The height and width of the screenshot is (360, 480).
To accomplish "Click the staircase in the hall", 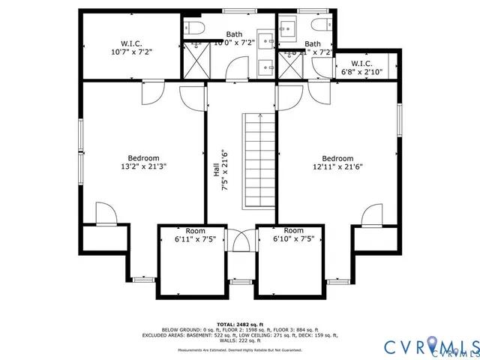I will click(259, 161).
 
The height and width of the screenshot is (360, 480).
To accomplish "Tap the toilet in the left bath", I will click(194, 30).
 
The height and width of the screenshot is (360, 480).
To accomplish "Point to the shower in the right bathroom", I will click(288, 64).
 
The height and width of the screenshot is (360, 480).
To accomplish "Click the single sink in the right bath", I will click(288, 30).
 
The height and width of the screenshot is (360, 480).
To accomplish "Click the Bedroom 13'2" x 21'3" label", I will click(142, 163).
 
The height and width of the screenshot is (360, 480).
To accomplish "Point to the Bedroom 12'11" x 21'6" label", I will click(337, 163).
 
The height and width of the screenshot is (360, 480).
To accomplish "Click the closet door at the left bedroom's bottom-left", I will click(106, 214).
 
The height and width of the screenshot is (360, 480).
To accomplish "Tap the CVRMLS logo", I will click(430, 346).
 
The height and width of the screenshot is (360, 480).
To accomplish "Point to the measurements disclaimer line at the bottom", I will click(240, 350).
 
